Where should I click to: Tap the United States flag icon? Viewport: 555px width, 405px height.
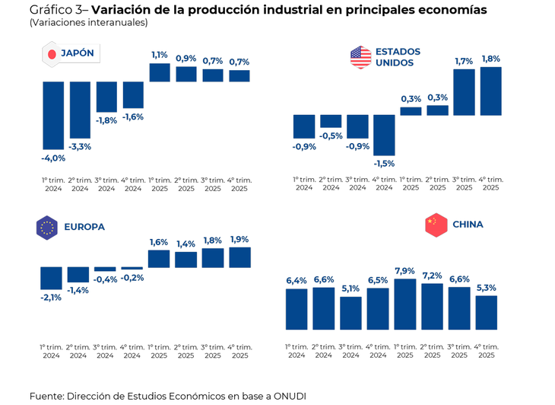point(360,56)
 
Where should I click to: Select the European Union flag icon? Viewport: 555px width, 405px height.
point(47,227)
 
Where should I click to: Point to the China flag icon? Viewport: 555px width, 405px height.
point(436,225)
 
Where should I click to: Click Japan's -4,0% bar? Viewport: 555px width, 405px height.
point(53,115)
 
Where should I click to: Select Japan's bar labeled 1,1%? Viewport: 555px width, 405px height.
point(160,72)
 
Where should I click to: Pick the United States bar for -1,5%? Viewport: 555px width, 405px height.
point(384,135)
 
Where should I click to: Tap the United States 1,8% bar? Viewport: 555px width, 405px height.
point(490,91)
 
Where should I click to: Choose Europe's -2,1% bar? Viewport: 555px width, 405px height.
point(51,278)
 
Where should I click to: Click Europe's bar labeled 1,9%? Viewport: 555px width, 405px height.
point(239,257)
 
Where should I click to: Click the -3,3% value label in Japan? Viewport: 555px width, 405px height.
point(80,146)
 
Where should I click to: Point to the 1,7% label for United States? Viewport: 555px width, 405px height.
point(464,61)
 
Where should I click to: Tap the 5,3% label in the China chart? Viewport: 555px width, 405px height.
point(487,288)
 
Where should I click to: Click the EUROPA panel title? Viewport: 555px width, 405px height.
point(84,227)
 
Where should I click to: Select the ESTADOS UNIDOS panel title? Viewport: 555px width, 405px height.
point(398,57)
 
